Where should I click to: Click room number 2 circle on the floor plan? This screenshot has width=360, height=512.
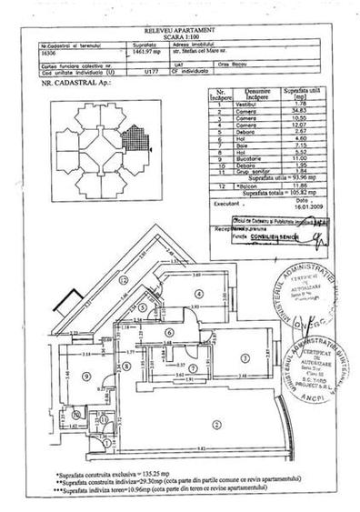point(215,424)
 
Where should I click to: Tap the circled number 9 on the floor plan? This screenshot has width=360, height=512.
point(85,376)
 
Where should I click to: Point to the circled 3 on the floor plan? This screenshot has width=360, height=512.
point(245,356)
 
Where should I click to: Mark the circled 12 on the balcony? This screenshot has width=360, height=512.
point(125,281)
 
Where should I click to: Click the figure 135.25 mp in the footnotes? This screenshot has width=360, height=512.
point(125,475)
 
